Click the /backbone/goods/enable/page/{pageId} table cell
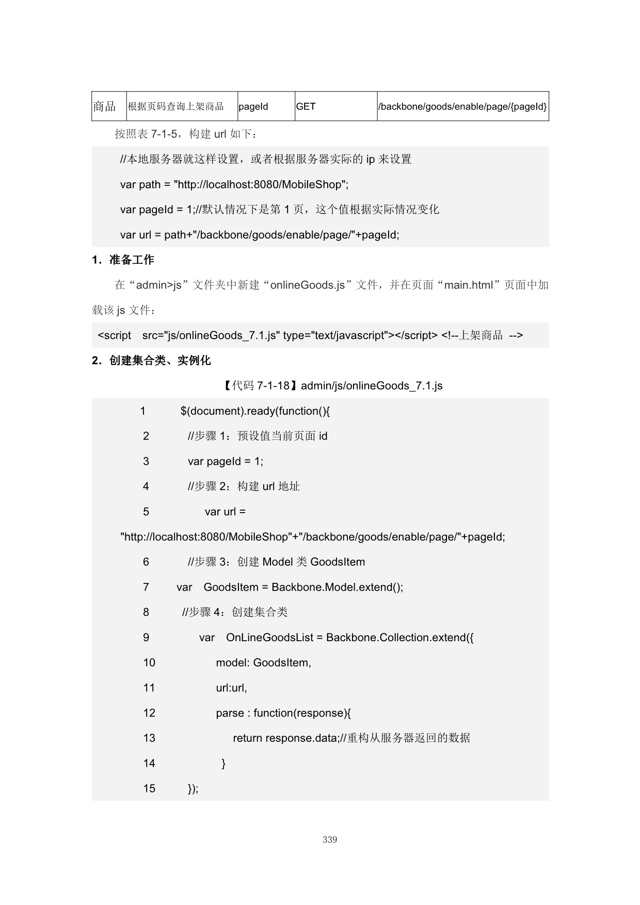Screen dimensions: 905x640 [x=462, y=106]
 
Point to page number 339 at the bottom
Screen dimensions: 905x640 [x=330, y=839]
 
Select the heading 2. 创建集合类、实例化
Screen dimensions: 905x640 [x=151, y=360]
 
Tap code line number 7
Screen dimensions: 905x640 [x=146, y=587]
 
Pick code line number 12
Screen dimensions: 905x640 [x=149, y=713]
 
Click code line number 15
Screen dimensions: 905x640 [x=149, y=788]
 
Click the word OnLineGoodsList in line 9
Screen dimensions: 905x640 [x=269, y=638]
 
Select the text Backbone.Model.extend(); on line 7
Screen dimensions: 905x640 [x=337, y=587]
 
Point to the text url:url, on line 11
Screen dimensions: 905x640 [x=231, y=688]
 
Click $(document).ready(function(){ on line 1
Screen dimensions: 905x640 [x=255, y=411]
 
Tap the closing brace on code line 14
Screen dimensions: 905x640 [x=223, y=763]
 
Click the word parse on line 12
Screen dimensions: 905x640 [x=230, y=713]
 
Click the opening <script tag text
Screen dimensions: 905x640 [x=115, y=336]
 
